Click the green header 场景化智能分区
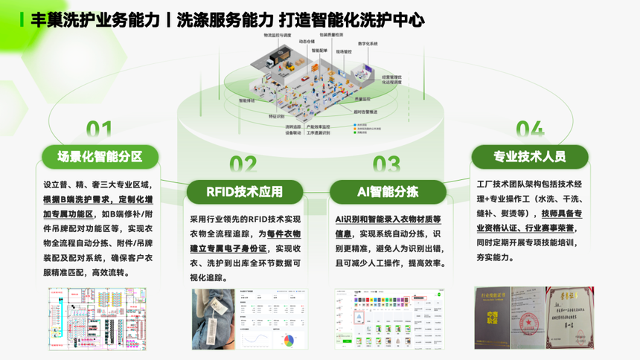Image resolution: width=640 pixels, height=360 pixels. point(100,156)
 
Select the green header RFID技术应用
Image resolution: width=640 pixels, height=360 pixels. point(246,191)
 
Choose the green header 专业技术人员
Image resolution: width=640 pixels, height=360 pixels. point(529,156)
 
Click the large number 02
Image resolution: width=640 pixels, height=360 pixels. point(243,164)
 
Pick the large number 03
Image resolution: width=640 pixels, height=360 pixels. point(386,164)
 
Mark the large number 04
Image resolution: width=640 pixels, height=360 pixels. point(529,130)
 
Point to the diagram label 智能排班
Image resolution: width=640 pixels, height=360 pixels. point(246,99)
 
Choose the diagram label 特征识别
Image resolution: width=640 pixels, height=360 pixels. point(276,116)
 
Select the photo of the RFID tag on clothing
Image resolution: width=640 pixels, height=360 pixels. point(214,319)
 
